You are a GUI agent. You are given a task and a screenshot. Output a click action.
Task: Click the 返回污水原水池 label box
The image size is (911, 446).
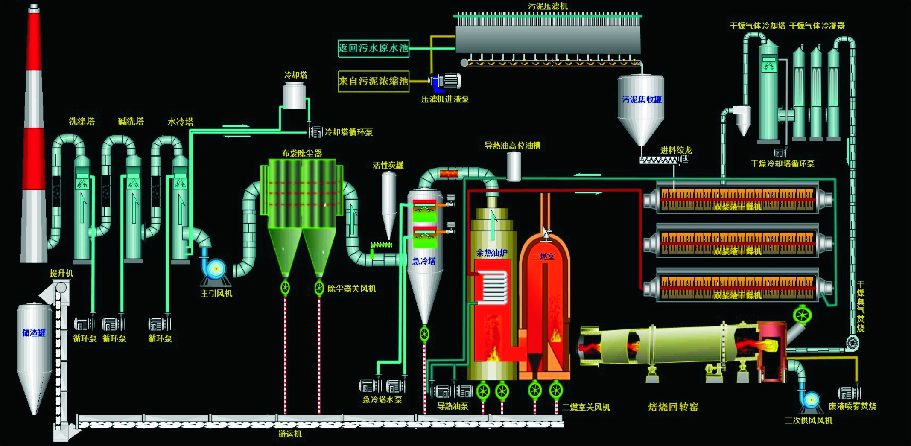[x=374, y=48]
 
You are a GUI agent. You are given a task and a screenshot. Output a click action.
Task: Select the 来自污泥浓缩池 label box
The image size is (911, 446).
[x=374, y=81]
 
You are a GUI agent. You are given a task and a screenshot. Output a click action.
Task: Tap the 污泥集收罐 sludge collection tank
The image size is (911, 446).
[x=641, y=107]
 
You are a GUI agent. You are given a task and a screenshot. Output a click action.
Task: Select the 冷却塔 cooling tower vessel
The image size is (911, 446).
[x=295, y=95]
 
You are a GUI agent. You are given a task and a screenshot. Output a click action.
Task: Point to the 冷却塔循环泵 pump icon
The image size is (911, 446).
[x=316, y=132]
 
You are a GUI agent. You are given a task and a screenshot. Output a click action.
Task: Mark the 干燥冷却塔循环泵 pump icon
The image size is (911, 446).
[x=780, y=153]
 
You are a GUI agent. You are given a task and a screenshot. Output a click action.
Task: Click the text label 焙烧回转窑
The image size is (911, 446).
[x=673, y=407]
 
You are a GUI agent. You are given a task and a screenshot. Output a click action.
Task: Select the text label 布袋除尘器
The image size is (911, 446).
[x=302, y=153]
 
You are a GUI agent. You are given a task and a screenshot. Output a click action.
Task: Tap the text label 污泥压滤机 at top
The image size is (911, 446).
[x=548, y=6]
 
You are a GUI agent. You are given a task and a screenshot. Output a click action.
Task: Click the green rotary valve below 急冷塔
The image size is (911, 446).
[x=424, y=334]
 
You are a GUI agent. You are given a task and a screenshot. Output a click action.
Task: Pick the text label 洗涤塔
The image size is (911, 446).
[x=82, y=122]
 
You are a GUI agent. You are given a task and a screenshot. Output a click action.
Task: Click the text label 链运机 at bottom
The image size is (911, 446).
[x=290, y=434]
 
